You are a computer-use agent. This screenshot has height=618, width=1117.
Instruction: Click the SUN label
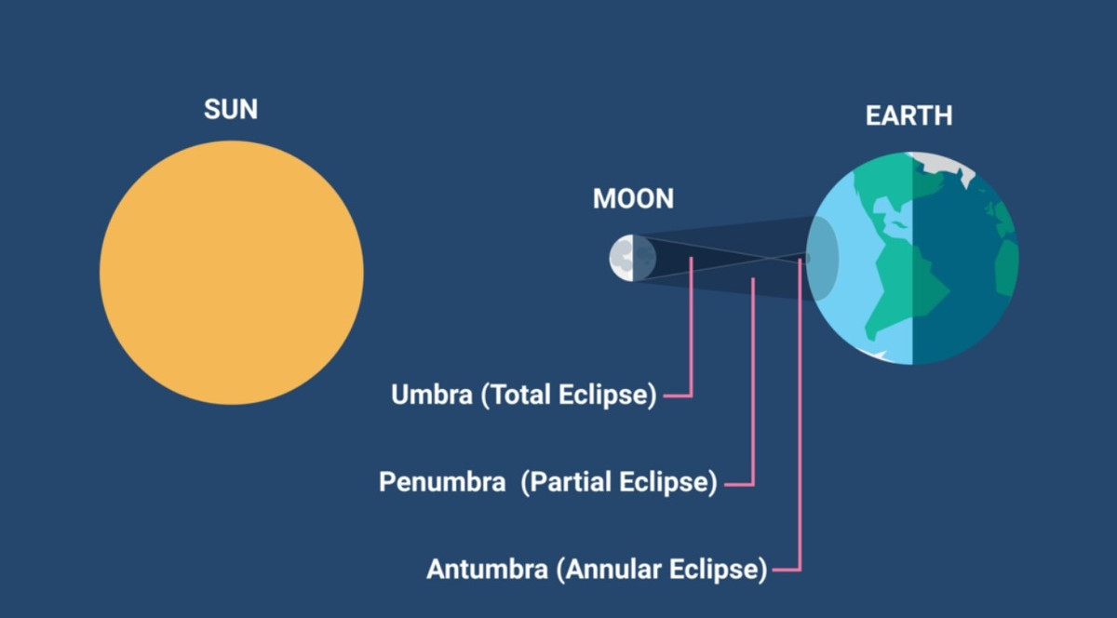(x=231, y=109)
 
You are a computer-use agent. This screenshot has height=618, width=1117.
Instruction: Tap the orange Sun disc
(x=232, y=273)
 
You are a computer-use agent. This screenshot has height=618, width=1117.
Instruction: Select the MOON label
(x=633, y=198)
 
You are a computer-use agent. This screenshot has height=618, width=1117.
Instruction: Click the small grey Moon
(x=633, y=258)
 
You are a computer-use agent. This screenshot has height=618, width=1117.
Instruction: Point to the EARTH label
(x=909, y=115)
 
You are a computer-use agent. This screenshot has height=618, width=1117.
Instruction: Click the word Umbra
(x=432, y=395)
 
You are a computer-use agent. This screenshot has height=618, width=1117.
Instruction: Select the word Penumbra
(x=442, y=482)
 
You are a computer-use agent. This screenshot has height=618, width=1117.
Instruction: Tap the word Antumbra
(x=487, y=569)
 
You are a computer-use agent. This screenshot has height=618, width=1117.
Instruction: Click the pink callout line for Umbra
(x=691, y=327)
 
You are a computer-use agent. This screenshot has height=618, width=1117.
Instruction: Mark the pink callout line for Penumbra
(x=753, y=381)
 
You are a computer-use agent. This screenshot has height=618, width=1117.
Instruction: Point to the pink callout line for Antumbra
(x=800, y=414)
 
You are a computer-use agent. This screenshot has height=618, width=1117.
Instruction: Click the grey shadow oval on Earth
(x=822, y=259)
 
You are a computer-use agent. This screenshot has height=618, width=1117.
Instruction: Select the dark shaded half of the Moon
(x=645, y=258)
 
